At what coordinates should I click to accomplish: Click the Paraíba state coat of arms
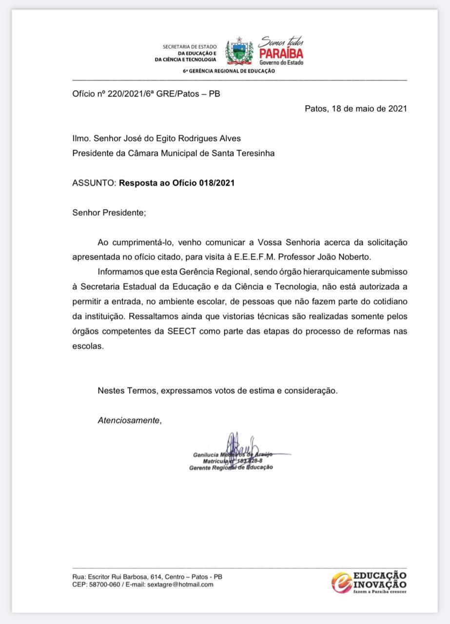(238, 51)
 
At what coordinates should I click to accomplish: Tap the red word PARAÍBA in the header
(281, 53)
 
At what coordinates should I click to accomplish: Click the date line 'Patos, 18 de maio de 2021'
(355, 109)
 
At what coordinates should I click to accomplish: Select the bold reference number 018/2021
(216, 183)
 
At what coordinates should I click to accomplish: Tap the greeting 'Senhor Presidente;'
(109, 213)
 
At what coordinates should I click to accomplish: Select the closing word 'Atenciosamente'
(129, 420)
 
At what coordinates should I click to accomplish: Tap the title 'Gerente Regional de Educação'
(231, 468)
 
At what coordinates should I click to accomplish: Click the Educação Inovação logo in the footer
(369, 582)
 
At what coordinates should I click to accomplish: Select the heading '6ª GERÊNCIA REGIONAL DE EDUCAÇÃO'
(229, 71)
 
